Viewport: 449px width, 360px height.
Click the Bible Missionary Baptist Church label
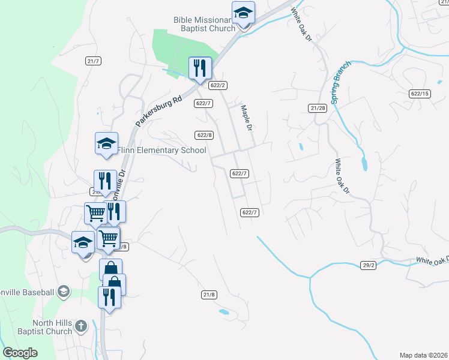tap(204, 24)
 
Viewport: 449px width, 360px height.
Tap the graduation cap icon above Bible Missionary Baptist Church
tap(243, 13)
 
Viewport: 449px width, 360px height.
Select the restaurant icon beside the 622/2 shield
tap(200, 68)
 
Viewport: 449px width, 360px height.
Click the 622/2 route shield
tap(217, 85)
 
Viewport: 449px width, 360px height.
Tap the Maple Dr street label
tap(246, 117)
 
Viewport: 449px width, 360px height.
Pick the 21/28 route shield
tap(318, 108)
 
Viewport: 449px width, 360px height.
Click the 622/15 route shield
tap(420, 94)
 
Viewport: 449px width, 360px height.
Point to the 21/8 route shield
tap(209, 294)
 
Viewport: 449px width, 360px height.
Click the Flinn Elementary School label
tap(161, 150)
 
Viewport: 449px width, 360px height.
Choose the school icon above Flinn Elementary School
tap(106, 143)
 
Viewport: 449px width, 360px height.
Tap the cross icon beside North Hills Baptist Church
tap(81, 327)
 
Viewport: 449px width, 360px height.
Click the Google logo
tap(20, 353)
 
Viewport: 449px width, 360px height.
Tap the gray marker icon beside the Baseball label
tap(64, 292)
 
